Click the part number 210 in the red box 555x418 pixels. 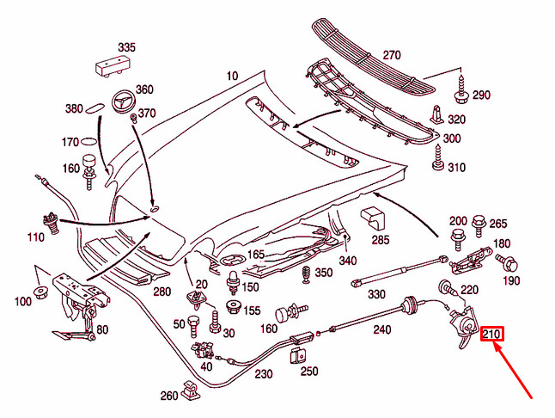coord(491,335)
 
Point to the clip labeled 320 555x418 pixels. coord(436,114)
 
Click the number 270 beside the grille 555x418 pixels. coord(392,55)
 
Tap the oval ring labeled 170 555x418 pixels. coord(89,142)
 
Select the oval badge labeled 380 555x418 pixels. coord(95,108)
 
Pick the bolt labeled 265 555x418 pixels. coord(478,225)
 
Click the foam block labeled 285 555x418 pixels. coord(372,218)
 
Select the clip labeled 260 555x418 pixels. coord(190,390)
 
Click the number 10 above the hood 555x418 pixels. coord(233,76)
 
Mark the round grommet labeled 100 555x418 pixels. coord(40,292)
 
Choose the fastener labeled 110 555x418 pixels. coord(52,223)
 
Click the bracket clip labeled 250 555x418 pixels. coord(298,354)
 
